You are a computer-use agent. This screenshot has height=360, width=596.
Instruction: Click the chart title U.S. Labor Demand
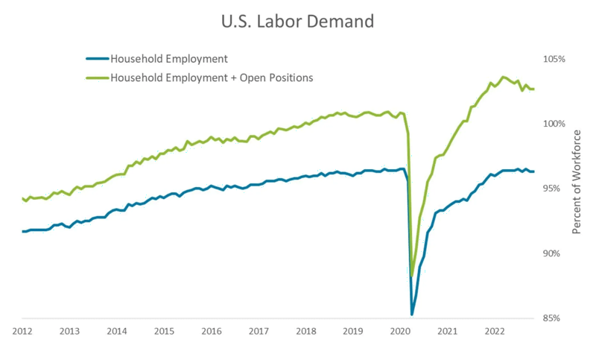coord(297,22)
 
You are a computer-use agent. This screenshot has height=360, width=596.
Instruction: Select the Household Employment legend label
coord(168,59)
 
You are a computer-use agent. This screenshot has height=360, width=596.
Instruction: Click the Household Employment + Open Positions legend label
coord(212,77)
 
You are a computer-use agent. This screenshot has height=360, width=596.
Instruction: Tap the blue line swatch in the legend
coord(97,59)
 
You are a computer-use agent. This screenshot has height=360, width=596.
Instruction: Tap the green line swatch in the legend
coord(97,77)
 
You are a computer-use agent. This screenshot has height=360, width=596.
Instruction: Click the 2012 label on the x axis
coord(22,331)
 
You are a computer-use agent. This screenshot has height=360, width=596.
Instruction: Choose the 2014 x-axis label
coord(116,331)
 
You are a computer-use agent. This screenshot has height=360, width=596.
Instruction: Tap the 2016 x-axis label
coord(211,331)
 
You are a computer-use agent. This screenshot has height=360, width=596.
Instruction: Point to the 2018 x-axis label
coord(305,331)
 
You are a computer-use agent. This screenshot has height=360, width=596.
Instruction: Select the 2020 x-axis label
coord(400,331)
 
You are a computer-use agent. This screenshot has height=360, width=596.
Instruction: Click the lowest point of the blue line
coord(412,315)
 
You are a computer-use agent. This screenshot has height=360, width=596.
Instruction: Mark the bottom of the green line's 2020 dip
coord(412,276)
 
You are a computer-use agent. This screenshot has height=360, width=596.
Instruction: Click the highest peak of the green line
coord(504,77)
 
